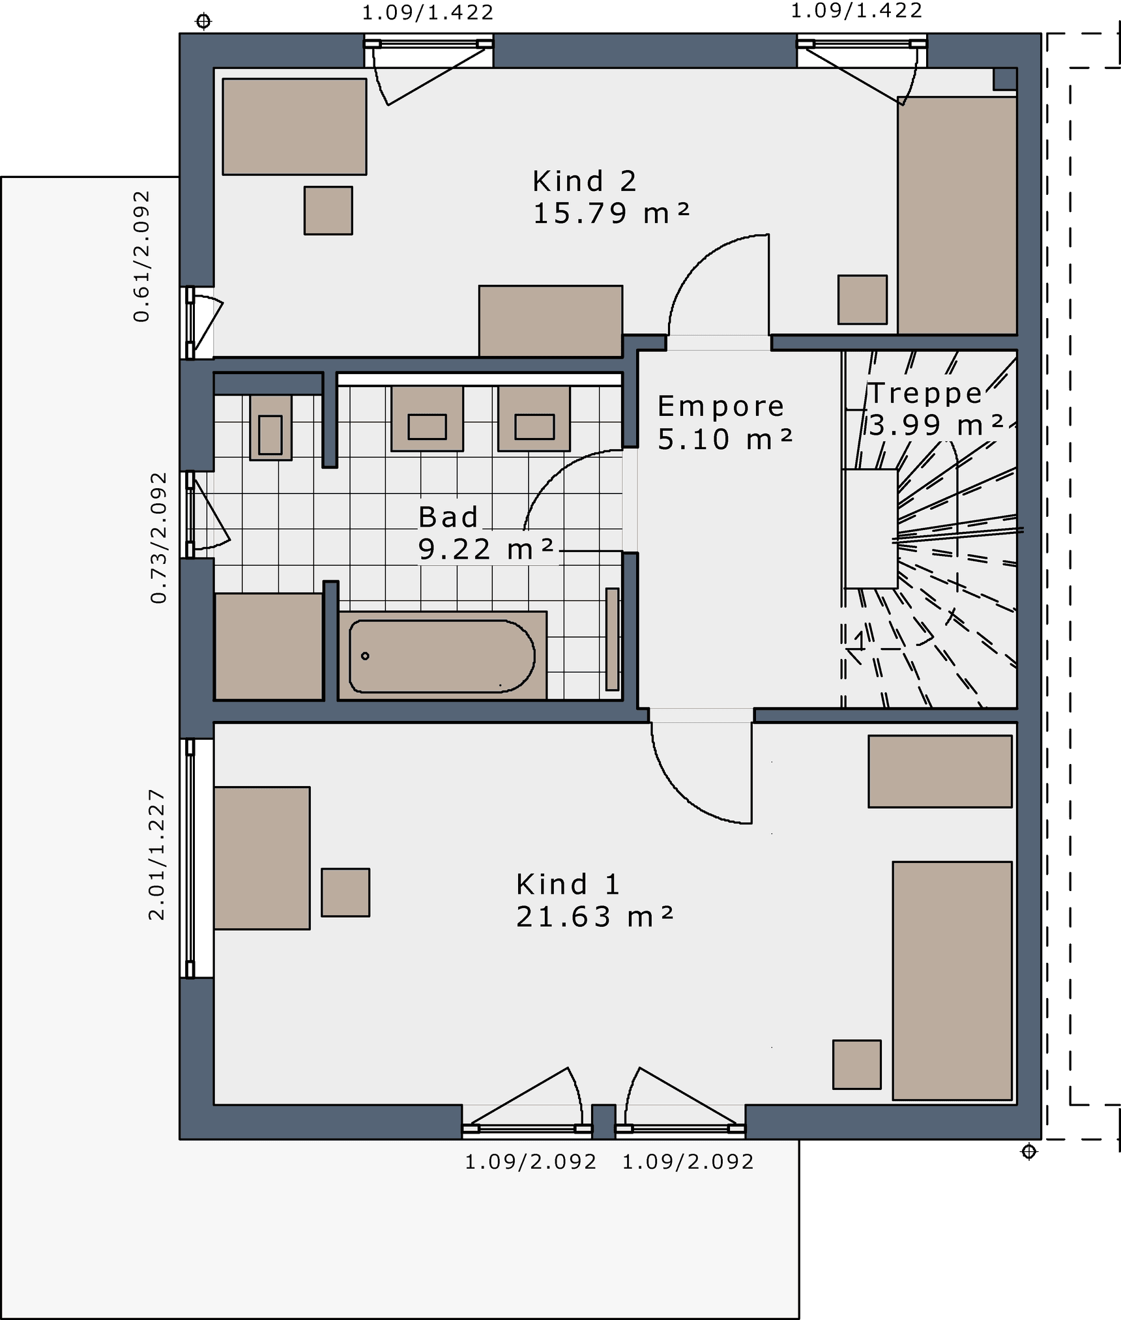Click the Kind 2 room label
coord(584,181)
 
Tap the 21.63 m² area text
coord(594,917)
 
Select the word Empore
coord(720,407)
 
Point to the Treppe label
coord(925,393)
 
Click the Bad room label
coord(448,517)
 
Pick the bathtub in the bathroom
coord(442,656)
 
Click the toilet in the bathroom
coord(270,428)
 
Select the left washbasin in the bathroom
coord(427,418)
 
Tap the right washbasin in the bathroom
coord(534,418)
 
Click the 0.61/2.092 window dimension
coord(141,256)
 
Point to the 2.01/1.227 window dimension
coord(157,855)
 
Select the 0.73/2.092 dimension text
coord(159,538)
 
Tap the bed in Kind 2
coord(957,216)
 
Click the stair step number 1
coord(860,641)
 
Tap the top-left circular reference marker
coord(203,22)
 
